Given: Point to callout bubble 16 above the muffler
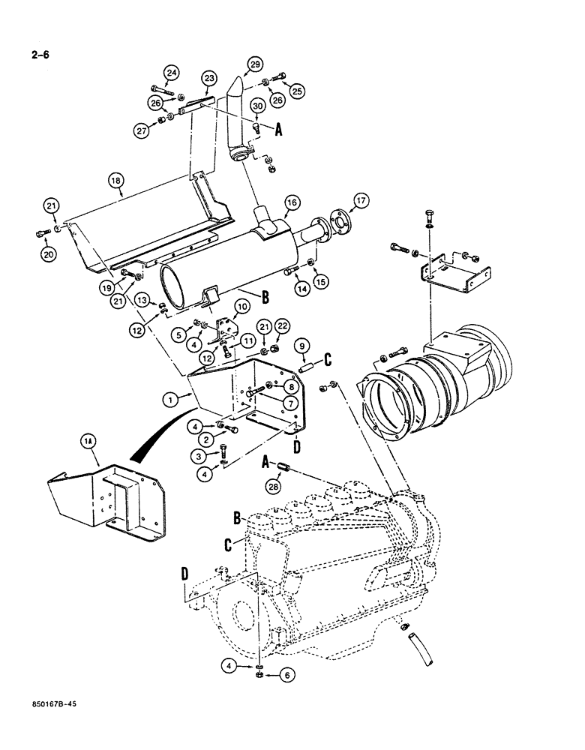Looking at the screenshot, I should [292, 202].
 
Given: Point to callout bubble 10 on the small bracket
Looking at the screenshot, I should [241, 306].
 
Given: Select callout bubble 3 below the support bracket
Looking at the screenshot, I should [199, 456].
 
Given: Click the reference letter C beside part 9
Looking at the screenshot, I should [326, 361].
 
